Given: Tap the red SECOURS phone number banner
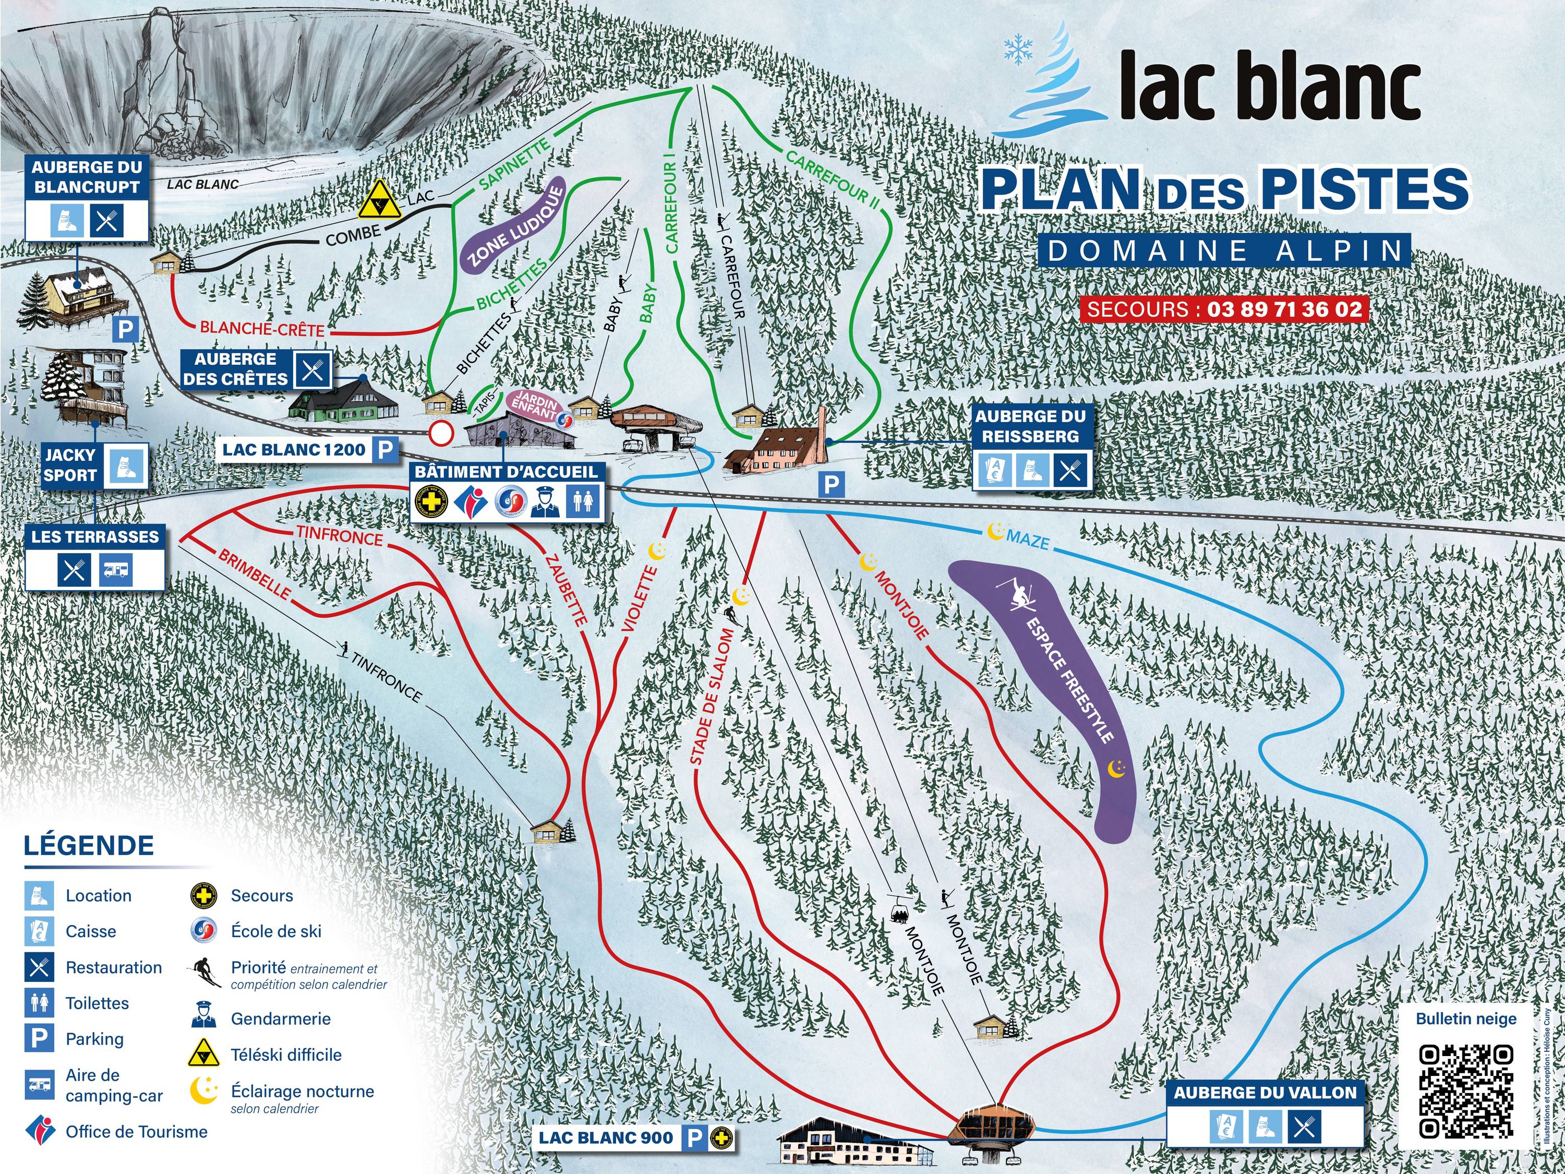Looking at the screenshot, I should coord(1224,309).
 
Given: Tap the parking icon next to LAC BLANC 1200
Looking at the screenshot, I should coord(386,449).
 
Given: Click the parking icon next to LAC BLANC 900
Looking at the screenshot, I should coord(695,1138).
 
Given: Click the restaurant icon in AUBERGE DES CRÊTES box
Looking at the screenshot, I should coord(312,369).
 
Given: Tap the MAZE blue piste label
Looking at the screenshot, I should coord(1027,540).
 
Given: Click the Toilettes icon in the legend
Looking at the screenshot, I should coord(39,1003).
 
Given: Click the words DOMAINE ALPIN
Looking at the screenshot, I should coord(1225,250).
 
